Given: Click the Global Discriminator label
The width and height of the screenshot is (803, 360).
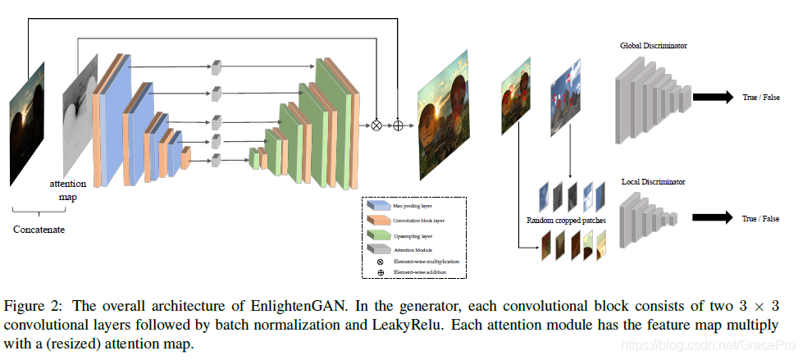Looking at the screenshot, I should click(x=653, y=46).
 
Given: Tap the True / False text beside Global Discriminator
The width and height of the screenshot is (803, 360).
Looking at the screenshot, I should click(x=762, y=97).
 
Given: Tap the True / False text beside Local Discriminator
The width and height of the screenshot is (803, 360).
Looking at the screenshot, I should click(x=762, y=218).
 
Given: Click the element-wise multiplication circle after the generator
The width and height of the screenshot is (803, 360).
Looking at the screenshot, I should click(x=377, y=125).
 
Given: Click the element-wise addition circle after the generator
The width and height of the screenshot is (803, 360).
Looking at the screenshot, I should click(x=399, y=125).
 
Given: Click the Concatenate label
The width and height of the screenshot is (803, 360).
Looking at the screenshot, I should click(x=39, y=230).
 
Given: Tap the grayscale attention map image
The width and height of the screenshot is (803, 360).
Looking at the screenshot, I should click(x=80, y=115).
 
